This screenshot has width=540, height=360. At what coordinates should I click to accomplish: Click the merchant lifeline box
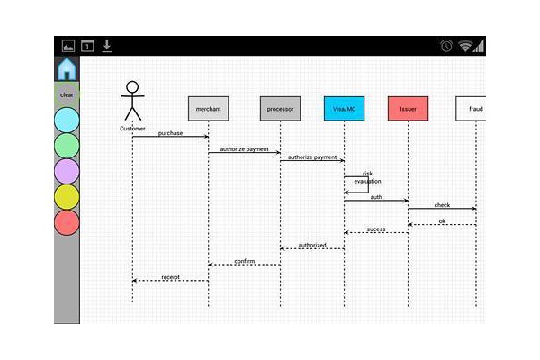[209, 109]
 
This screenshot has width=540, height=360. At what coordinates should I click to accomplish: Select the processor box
[280, 109]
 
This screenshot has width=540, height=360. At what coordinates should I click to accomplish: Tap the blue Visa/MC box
[344, 109]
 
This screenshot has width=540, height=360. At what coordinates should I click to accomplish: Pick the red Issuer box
[408, 109]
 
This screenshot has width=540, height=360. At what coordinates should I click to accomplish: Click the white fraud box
[471, 109]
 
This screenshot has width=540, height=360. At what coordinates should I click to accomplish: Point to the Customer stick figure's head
[132, 87]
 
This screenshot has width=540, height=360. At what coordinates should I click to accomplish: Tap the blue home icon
[67, 69]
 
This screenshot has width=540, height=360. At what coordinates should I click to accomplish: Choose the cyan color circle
[67, 120]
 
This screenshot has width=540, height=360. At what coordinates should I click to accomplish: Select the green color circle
[67, 146]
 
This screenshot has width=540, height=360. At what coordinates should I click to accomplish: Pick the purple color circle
[67, 171]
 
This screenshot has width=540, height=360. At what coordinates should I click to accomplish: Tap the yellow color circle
[67, 197]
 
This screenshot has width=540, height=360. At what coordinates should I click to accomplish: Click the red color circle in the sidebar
[67, 222]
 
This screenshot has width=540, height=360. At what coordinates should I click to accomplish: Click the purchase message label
[170, 133]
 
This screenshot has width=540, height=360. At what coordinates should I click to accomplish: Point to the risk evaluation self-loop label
[367, 177]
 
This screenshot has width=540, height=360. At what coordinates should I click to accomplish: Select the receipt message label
[170, 277]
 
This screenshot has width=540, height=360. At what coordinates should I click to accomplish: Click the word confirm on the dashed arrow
[245, 261]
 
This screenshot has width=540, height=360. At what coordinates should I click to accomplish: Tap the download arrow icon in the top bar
[107, 46]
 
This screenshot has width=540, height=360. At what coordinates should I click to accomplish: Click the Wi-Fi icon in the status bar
[465, 46]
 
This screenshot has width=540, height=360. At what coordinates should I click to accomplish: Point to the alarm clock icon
[446, 46]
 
